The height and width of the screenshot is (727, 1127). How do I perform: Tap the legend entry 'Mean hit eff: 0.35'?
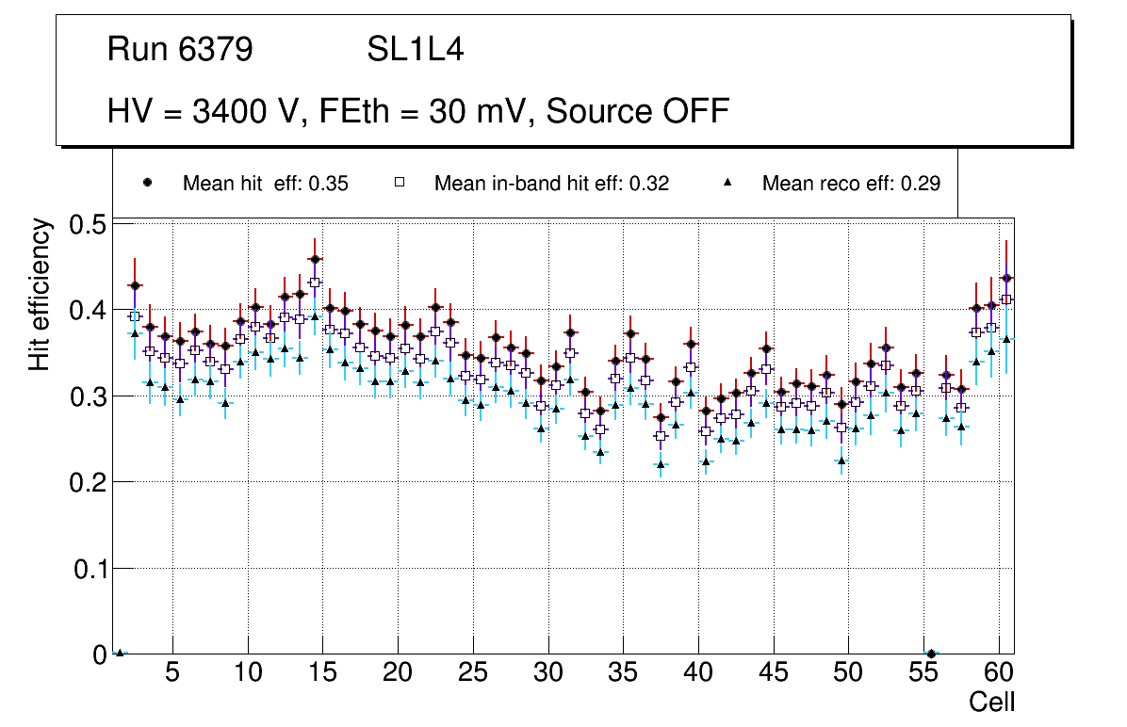pyautogui.click(x=265, y=184)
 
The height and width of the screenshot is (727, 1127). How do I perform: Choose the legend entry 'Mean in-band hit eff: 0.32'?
pyautogui.click(x=551, y=184)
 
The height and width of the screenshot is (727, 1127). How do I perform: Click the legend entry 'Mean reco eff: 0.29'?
pyautogui.click(x=851, y=184)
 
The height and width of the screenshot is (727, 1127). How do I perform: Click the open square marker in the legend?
pyautogui.click(x=399, y=183)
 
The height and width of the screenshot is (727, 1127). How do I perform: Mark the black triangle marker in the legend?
pyautogui.click(x=728, y=183)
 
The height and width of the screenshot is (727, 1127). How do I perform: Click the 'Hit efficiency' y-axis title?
pyautogui.click(x=40, y=294)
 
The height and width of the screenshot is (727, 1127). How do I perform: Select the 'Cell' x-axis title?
pyautogui.click(x=992, y=702)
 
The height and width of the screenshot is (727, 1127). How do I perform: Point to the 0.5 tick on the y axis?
pyautogui.click(x=90, y=224)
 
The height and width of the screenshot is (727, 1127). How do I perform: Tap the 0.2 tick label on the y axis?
pyautogui.click(x=90, y=482)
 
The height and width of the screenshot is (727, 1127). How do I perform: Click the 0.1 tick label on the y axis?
pyautogui.click(x=90, y=569)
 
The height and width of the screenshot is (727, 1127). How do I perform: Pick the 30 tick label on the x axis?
pyautogui.click(x=547, y=673)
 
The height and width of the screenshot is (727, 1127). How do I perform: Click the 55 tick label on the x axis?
pyautogui.click(x=923, y=673)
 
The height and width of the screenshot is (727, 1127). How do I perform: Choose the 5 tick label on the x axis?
pyautogui.click(x=171, y=673)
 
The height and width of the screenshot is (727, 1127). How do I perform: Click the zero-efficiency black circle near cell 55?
pyautogui.click(x=931, y=654)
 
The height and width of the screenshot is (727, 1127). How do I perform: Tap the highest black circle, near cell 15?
pyautogui.click(x=315, y=259)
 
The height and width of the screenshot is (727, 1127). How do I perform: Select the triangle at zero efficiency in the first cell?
pyautogui.click(x=120, y=652)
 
